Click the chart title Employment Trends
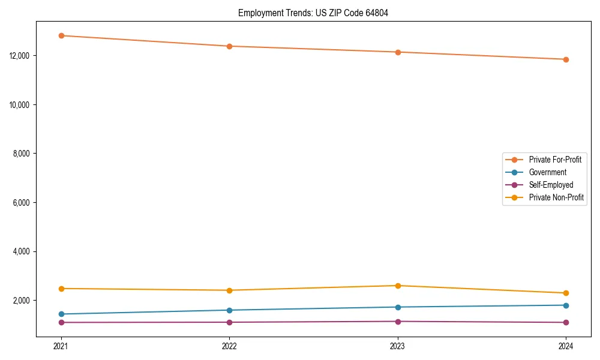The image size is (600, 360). (x=313, y=13)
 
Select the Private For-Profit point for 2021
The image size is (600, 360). (x=61, y=35)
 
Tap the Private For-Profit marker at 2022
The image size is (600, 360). (x=229, y=46)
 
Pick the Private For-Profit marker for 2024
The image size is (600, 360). (x=566, y=59)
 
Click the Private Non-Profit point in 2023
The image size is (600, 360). (x=398, y=286)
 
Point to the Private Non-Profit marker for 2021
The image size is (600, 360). (x=61, y=289)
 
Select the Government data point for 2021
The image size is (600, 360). (x=61, y=314)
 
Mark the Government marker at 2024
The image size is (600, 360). (x=566, y=305)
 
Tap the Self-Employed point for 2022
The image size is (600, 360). (x=229, y=322)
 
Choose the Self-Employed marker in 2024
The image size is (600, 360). (x=566, y=322)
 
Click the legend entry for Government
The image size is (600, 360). (x=547, y=172)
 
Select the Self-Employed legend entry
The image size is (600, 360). (x=551, y=185)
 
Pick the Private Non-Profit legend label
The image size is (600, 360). (x=556, y=197)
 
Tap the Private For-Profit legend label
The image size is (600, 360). (x=554, y=160)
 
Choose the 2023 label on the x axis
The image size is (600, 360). (x=398, y=346)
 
